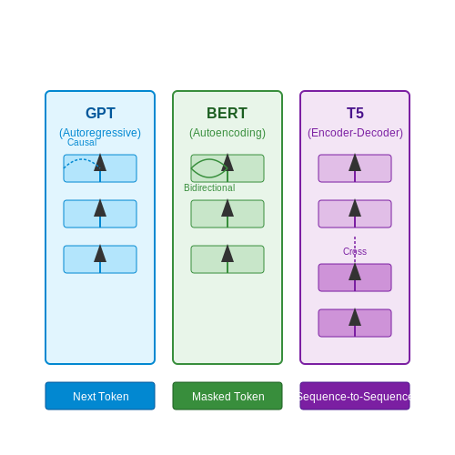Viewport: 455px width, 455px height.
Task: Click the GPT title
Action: [x=100, y=113]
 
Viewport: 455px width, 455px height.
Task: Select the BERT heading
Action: [x=227, y=113]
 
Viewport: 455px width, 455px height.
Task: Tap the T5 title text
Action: [x=355, y=113]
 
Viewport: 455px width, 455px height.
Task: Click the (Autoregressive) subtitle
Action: [x=100, y=133]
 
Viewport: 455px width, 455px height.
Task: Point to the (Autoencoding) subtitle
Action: [x=227, y=133]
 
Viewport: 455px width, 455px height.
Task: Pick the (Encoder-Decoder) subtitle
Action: [x=355, y=133]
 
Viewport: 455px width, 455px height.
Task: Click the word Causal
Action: [x=82, y=142]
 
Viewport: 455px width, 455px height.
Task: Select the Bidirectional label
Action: [x=209, y=187]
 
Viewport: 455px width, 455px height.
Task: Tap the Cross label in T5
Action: [x=355, y=251]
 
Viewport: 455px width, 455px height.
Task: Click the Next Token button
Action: [x=100, y=396]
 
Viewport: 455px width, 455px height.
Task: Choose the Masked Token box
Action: [x=227, y=396]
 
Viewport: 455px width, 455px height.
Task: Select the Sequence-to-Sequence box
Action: [x=355, y=396]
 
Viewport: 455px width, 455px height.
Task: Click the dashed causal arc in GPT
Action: [x=81, y=159]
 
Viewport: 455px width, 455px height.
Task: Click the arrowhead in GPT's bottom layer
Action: [x=100, y=254]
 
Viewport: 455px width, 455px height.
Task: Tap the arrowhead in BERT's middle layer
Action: [x=227, y=208]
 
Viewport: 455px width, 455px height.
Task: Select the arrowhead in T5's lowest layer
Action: [x=355, y=318]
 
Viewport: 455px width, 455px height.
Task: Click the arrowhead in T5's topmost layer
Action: [x=355, y=163]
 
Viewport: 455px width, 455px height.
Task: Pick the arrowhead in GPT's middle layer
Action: [x=100, y=208]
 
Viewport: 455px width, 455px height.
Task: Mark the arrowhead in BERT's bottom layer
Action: [x=227, y=254]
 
